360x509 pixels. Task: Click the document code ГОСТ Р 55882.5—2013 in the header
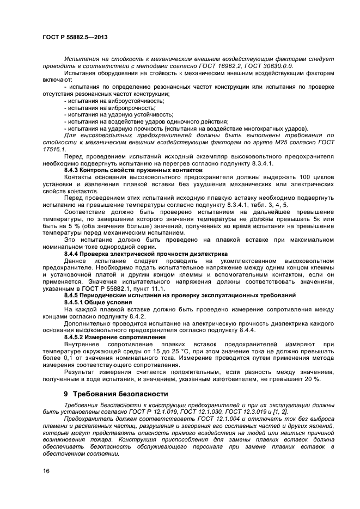[x=74, y=35]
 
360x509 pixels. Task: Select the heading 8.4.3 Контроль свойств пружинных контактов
[x=126, y=170]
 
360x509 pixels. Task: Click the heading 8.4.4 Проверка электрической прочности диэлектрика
[x=138, y=254]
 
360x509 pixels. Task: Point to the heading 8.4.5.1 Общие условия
[x=97, y=302]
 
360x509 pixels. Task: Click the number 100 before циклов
[x=306, y=177]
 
